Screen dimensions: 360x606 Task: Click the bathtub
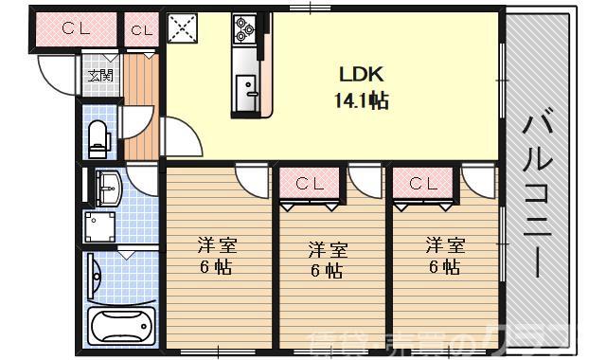[120, 327]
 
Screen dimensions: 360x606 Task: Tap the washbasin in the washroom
[108, 187]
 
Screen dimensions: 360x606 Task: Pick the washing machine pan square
[99, 226]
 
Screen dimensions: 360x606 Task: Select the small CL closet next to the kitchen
[141, 29]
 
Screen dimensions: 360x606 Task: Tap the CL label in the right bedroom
[421, 183]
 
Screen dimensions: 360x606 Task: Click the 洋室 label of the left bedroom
[217, 245]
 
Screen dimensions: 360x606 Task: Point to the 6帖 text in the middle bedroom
[328, 271]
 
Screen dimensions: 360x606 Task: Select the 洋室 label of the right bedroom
[444, 245]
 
